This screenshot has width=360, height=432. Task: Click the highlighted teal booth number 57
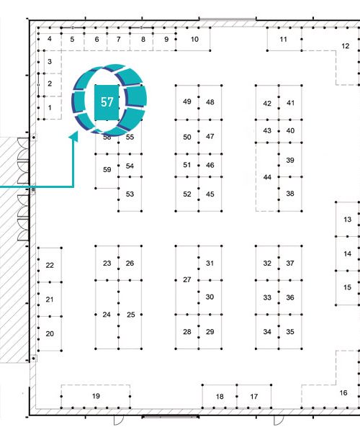pos(107,102)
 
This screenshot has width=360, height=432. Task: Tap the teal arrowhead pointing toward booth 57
pos(74,136)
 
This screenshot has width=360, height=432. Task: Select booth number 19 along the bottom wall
pos(96,396)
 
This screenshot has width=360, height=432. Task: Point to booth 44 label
pos(267,177)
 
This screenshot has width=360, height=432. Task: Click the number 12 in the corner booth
pos(346,46)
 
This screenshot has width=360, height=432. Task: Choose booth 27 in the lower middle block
pos(187,279)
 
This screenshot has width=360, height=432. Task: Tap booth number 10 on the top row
pos(194,39)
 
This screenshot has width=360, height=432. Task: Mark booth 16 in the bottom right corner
pos(343,393)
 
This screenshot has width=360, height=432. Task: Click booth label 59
pos(107,170)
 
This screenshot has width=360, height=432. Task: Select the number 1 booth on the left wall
pos(50,108)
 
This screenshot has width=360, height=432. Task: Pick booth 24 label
pos(107,315)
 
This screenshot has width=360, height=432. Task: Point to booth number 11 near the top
pos(284,39)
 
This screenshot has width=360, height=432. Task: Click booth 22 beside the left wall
pos(50,265)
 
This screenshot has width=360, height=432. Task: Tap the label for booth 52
pos(187,194)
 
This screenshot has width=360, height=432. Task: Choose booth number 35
pos(290,332)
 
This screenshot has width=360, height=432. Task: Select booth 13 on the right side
pos(348,220)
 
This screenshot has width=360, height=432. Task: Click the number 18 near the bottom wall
pos(220,397)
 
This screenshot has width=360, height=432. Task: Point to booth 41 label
pos(291,103)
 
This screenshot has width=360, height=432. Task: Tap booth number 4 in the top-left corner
pos(49,39)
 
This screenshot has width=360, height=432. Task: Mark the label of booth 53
pos(130,194)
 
